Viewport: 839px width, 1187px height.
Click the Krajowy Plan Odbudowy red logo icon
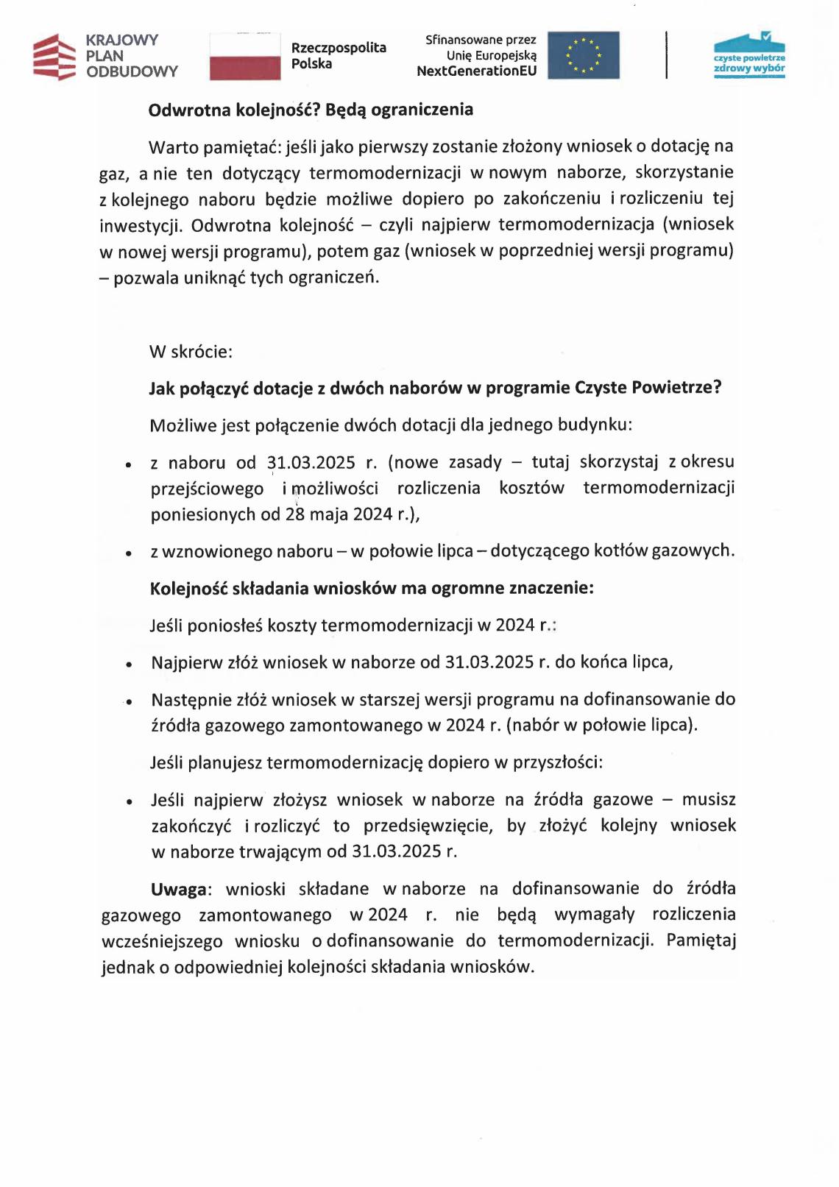(x=54, y=57)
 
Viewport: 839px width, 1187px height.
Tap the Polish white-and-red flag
(x=245, y=56)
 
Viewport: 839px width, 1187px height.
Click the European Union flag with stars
(x=584, y=55)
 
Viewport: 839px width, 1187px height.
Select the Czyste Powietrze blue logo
(x=749, y=54)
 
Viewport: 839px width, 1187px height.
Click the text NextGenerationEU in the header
(x=477, y=71)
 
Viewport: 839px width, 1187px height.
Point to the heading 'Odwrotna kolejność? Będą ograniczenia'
(x=311, y=110)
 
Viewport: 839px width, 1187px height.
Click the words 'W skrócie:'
(x=191, y=352)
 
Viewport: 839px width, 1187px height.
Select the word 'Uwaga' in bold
(x=179, y=890)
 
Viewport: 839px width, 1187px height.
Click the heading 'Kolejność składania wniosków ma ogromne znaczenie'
(x=372, y=589)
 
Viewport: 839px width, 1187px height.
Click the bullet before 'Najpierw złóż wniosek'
(x=129, y=665)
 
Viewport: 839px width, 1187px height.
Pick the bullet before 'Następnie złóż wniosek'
(x=129, y=702)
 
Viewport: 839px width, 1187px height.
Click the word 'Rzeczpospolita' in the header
(x=339, y=48)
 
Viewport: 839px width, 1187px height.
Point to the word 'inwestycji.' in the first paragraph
(x=141, y=225)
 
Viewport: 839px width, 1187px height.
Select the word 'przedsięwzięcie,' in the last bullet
(x=428, y=826)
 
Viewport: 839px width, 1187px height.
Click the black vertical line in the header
(x=667, y=54)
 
